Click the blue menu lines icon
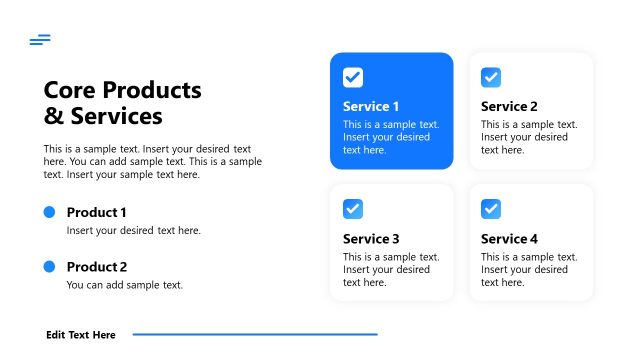[x=40, y=40]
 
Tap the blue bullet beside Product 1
[x=49, y=212]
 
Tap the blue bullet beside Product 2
[x=49, y=266]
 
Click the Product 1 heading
[x=97, y=212]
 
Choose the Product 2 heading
[x=97, y=267]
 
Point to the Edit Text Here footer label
[x=81, y=335]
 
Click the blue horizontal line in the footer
[x=255, y=334]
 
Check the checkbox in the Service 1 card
[x=353, y=77]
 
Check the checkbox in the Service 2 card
[x=491, y=77]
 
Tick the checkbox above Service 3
[x=353, y=209]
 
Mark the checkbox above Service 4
[x=491, y=209]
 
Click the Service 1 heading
[x=371, y=106]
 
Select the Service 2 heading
[x=509, y=106]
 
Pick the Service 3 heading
[x=371, y=239]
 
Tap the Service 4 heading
[x=509, y=239]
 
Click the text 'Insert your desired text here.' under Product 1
[x=134, y=230]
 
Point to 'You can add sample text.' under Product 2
[x=125, y=285]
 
